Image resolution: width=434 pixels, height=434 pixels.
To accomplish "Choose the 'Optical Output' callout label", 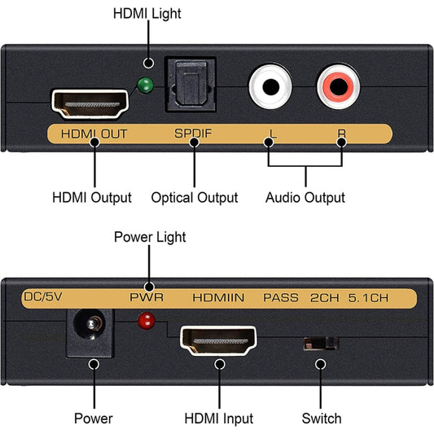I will [195, 197].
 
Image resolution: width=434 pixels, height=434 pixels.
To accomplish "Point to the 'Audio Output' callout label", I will [305, 197].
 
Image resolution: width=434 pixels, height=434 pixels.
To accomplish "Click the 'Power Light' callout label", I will [150, 237].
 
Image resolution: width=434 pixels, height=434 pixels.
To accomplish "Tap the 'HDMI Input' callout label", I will [217, 419].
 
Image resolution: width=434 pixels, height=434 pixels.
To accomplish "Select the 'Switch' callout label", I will [322, 419].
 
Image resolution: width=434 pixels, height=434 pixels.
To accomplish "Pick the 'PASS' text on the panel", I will [280, 298].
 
